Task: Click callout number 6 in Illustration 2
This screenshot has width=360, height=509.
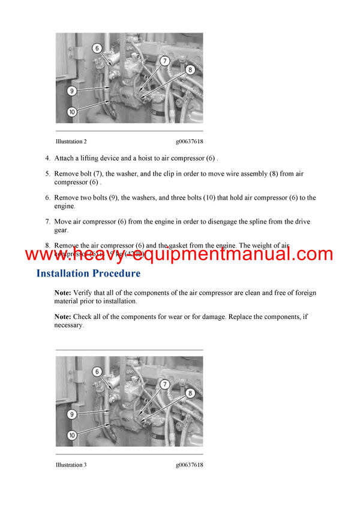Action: pos(97,48)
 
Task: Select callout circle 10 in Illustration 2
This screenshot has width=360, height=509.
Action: pos(71,112)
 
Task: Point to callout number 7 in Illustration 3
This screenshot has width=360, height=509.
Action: pos(164,384)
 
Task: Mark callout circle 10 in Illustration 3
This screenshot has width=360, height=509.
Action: pos(71,435)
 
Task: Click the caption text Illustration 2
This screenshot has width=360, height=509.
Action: pos(71,141)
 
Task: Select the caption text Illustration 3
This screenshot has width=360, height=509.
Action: pos(71,465)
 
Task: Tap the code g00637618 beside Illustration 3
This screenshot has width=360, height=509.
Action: pos(189,465)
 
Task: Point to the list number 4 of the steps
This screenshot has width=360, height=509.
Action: pos(47,158)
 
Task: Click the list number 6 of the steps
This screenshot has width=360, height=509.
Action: pos(47,197)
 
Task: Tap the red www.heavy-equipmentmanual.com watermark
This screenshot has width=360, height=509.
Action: pos(179,254)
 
